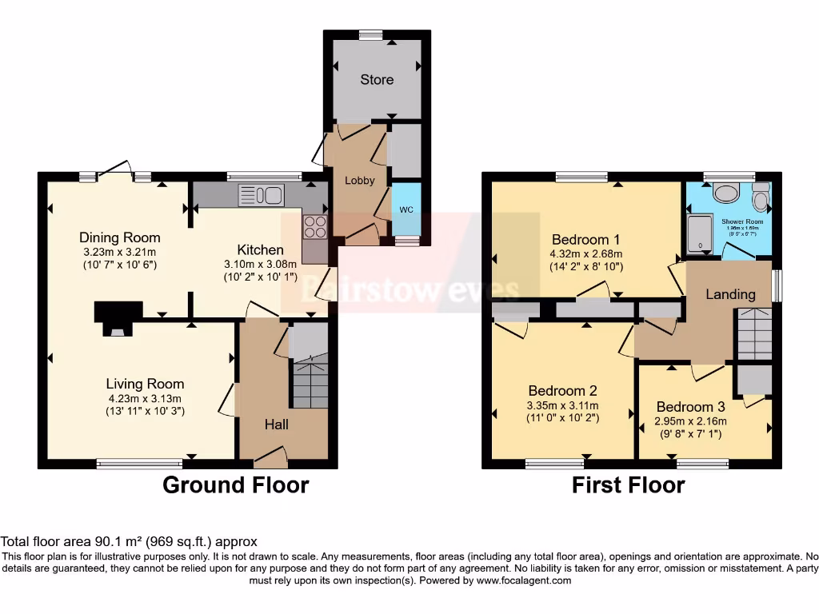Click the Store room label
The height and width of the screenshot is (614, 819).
376,80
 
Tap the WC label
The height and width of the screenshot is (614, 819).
406,210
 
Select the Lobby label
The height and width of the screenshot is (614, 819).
359,181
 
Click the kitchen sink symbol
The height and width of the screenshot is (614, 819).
261,194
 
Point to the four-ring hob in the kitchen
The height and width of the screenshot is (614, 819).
315,226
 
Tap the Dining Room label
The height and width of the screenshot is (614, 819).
119,237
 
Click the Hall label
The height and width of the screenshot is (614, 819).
277,425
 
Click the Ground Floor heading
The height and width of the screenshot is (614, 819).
235,484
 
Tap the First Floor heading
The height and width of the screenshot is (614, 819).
628,484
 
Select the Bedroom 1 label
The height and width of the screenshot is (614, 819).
586,239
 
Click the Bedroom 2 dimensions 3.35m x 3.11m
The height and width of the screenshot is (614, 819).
563,405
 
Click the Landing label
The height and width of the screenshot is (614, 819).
729,294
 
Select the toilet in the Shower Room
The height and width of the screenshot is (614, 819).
760,197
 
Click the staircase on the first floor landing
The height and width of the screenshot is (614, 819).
754,334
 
